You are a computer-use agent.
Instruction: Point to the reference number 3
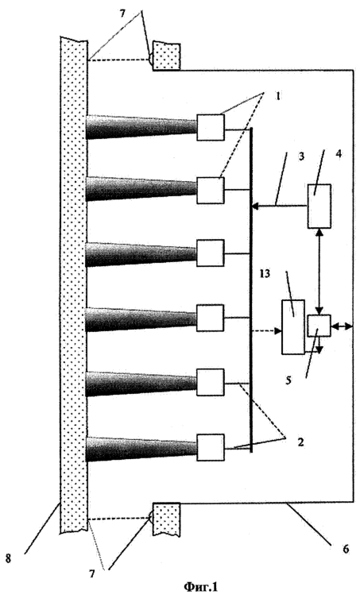pos(301,157)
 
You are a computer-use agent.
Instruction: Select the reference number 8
pos(8,558)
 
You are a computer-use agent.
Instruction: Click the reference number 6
pos(346,550)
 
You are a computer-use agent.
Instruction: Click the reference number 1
pos(278,95)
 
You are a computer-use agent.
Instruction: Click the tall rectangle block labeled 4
pos(319,206)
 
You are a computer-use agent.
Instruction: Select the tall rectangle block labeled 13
pos(293,326)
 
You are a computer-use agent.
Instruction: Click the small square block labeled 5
pos(319,326)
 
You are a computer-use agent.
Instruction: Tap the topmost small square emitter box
pos(211,127)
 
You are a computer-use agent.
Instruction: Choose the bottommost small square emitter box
pos(211,447)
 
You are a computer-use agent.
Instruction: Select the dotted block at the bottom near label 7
pos(167,518)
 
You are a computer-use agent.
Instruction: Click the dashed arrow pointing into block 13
pos(266,331)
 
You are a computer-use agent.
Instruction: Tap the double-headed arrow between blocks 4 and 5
pos(319,271)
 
